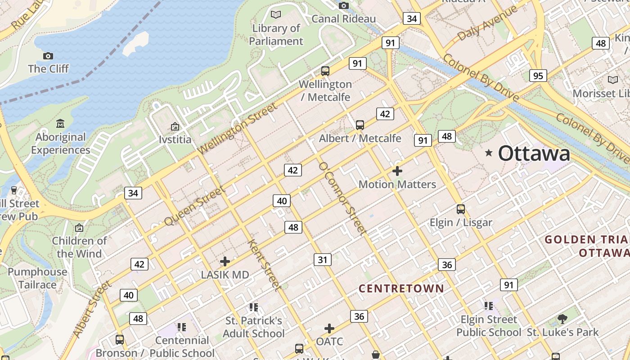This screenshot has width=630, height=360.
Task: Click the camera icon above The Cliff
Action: pyautogui.click(x=48, y=56)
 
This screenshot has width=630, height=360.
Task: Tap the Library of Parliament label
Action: pyautogui.click(x=276, y=35)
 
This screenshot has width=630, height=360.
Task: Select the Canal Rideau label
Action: pyautogui.click(x=343, y=18)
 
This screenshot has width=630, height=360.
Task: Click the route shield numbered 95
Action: pyautogui.click(x=538, y=76)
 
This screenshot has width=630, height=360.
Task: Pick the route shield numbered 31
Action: pyautogui.click(x=323, y=260)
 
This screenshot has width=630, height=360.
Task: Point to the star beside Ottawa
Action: pyautogui.click(x=489, y=153)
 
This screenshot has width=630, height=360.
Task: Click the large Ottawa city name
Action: pyautogui.click(x=534, y=153)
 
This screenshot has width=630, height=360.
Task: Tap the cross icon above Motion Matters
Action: pyautogui.click(x=397, y=171)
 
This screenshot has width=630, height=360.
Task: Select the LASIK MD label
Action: pyautogui.click(x=225, y=274)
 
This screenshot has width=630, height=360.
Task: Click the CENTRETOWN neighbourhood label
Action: pyautogui.click(x=401, y=288)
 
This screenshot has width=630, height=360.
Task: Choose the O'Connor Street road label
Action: pyautogui.click(x=342, y=198)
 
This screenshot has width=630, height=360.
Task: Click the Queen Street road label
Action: pyautogui.click(x=194, y=206)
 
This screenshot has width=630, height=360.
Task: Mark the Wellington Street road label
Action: pyautogui.click(x=237, y=129)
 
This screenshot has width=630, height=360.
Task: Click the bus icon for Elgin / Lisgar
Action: pyautogui.click(x=460, y=209)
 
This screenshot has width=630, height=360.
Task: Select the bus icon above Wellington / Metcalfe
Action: pyautogui.click(x=325, y=71)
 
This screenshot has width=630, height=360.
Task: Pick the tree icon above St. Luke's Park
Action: pyautogui.click(x=562, y=319)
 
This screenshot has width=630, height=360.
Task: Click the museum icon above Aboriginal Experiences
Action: pyautogui.click(x=60, y=123)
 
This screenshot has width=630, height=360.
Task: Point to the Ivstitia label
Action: pyautogui.click(x=175, y=139)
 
